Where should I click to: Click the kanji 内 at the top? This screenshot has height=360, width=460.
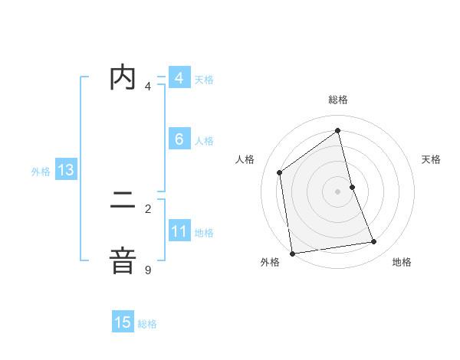point(123,78)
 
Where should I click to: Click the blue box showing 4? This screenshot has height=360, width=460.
point(179,78)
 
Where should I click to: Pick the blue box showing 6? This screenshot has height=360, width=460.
point(179,139)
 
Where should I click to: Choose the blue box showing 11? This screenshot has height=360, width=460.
point(179,231)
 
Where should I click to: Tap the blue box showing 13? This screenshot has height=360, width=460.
point(66,170)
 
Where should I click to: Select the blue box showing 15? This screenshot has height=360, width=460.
point(123,322)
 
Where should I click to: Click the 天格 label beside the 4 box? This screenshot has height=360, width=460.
point(204,80)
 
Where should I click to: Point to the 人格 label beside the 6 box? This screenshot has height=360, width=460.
point(204,141)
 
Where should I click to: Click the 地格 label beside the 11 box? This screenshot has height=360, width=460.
point(204,233)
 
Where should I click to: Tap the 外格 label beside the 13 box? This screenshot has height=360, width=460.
point(41,172)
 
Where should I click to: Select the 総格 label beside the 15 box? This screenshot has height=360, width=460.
point(147,324)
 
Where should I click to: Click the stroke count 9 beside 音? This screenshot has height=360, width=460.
point(148,270)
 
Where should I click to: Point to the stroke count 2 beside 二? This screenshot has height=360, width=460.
point(148,208)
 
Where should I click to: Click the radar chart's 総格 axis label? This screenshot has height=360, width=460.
point(338,100)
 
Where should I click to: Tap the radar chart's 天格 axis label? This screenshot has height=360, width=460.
point(432,159)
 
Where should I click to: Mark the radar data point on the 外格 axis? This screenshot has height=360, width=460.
point(292,254)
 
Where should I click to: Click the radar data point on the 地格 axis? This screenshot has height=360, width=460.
point(374,242)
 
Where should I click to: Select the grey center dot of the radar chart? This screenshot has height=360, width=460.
point(338,191)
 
